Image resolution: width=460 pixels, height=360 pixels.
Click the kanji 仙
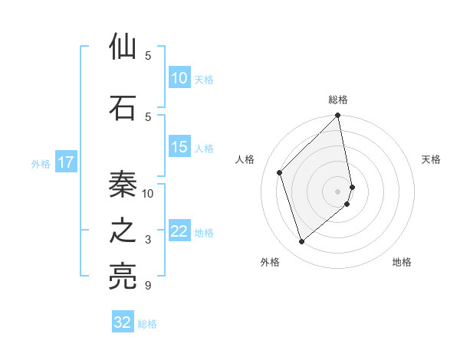point(123,47)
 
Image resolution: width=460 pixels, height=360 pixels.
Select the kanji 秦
point(123,185)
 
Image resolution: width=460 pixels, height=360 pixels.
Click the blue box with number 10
point(179,78)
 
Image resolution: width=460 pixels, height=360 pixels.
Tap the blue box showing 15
point(179,147)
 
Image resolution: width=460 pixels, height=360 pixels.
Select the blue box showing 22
point(179,231)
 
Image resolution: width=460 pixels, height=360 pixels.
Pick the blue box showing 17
point(66,162)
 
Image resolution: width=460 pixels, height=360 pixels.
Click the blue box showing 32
point(123,322)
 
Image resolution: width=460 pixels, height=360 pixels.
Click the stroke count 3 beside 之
point(148,240)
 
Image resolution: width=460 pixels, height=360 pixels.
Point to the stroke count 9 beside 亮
point(148,286)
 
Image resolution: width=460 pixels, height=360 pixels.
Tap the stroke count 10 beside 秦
point(148,193)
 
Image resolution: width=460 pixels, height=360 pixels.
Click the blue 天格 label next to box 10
point(204,79)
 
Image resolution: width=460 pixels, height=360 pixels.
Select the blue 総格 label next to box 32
point(147,323)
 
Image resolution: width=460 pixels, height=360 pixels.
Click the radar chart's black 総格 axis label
point(338,100)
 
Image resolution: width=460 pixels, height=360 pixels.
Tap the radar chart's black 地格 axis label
point(402,262)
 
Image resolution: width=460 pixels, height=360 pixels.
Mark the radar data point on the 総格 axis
point(338,116)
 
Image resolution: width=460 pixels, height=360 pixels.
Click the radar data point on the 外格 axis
point(302,241)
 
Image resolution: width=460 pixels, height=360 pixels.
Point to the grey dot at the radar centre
point(338,191)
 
